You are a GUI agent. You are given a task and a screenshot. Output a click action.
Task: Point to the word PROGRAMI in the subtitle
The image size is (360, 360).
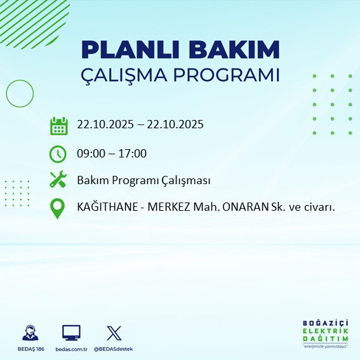[229, 75]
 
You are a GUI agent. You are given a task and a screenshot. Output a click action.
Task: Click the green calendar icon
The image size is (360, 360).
[58, 125]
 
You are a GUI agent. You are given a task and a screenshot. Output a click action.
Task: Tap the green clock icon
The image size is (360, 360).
[58, 153]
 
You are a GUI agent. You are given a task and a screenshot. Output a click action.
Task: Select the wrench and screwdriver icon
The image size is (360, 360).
[58, 180]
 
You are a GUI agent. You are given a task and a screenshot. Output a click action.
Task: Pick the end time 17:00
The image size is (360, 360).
[133, 153]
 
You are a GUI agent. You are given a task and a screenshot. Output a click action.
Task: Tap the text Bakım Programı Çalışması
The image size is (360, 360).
[143, 180]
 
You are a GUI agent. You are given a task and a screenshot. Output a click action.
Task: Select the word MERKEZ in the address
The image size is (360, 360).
[166, 208]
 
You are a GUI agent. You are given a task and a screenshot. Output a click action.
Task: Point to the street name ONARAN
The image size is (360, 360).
[239, 208]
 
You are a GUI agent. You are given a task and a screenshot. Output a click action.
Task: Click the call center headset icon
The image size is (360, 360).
[29, 333]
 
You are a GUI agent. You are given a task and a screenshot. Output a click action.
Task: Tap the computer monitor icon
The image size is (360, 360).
[70, 333]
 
